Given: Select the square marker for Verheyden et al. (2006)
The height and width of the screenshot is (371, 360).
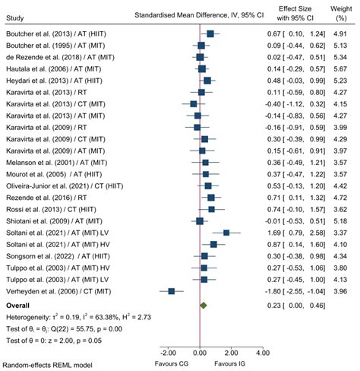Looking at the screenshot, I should [x=172, y=291].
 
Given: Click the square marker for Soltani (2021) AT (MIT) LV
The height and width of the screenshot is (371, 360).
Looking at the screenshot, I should [x=226, y=233].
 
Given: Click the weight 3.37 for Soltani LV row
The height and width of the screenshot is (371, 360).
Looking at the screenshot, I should [x=339, y=233].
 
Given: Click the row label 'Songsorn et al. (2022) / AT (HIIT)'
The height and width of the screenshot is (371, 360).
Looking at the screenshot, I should [x=52, y=256].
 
